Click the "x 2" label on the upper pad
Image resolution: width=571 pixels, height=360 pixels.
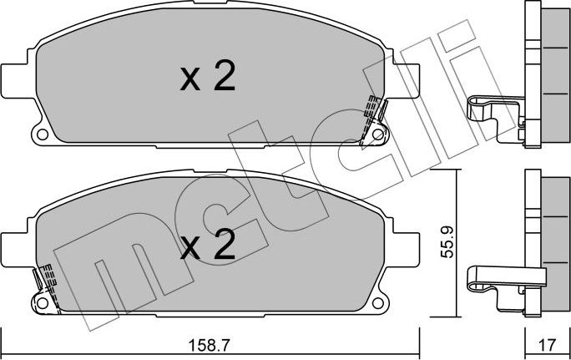pyautogui.click(x=208, y=78)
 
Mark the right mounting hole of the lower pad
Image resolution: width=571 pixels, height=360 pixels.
pyautogui.click(x=377, y=300)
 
